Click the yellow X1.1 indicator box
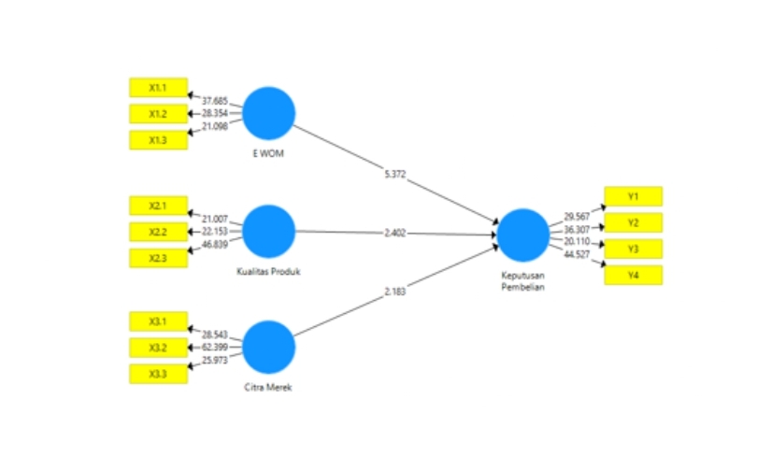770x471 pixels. (158, 88)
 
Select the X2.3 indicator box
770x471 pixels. (158, 258)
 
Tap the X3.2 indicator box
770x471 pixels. (158, 348)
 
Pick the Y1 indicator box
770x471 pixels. (633, 196)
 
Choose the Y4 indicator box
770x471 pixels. (633, 275)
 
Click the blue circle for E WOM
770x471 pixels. (269, 112)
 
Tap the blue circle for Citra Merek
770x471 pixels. (269, 347)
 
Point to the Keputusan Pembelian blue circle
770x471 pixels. (523, 235)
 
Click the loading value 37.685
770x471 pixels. (215, 100)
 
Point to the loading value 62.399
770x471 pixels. (215, 347)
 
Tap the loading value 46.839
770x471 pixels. (215, 244)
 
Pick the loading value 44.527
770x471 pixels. (577, 254)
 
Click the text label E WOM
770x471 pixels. (268, 152)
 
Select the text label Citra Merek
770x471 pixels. (269, 388)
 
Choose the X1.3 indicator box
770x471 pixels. (158, 140)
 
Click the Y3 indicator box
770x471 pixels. (633, 249)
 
